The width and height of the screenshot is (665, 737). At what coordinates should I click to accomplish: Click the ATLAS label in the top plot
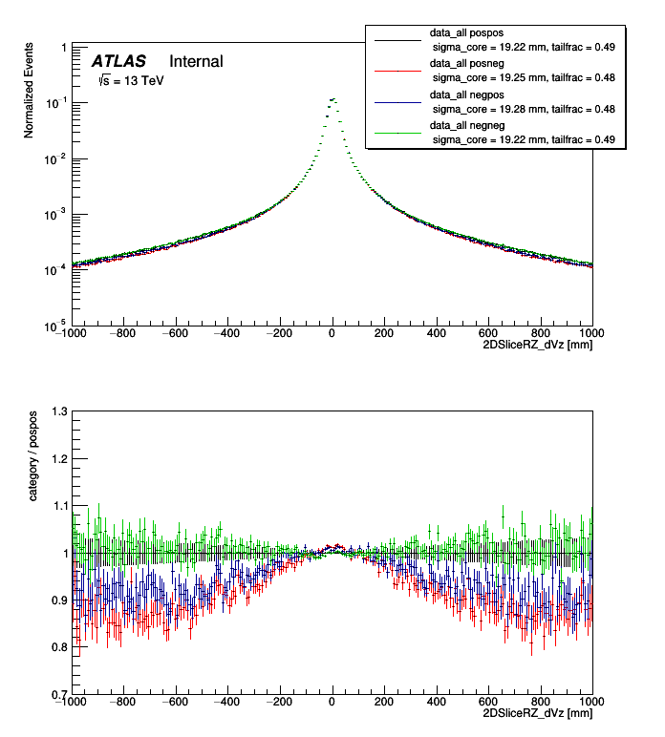[118, 62]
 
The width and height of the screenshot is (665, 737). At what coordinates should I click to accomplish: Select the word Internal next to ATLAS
[196, 62]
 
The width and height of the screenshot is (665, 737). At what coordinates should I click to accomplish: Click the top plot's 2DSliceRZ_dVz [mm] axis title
[541, 344]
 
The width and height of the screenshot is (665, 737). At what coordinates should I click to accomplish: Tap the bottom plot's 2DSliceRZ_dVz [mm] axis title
[541, 712]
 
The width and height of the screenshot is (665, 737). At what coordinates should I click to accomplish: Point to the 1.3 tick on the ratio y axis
[57, 411]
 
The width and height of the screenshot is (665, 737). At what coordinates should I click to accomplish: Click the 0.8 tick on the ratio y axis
[57, 647]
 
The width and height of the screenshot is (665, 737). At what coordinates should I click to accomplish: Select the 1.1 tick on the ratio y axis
[57, 506]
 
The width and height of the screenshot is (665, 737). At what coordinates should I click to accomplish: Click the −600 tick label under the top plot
[174, 333]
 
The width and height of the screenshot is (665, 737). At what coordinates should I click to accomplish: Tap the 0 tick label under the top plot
[332, 333]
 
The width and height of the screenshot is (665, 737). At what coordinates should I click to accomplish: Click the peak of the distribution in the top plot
[332, 98]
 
